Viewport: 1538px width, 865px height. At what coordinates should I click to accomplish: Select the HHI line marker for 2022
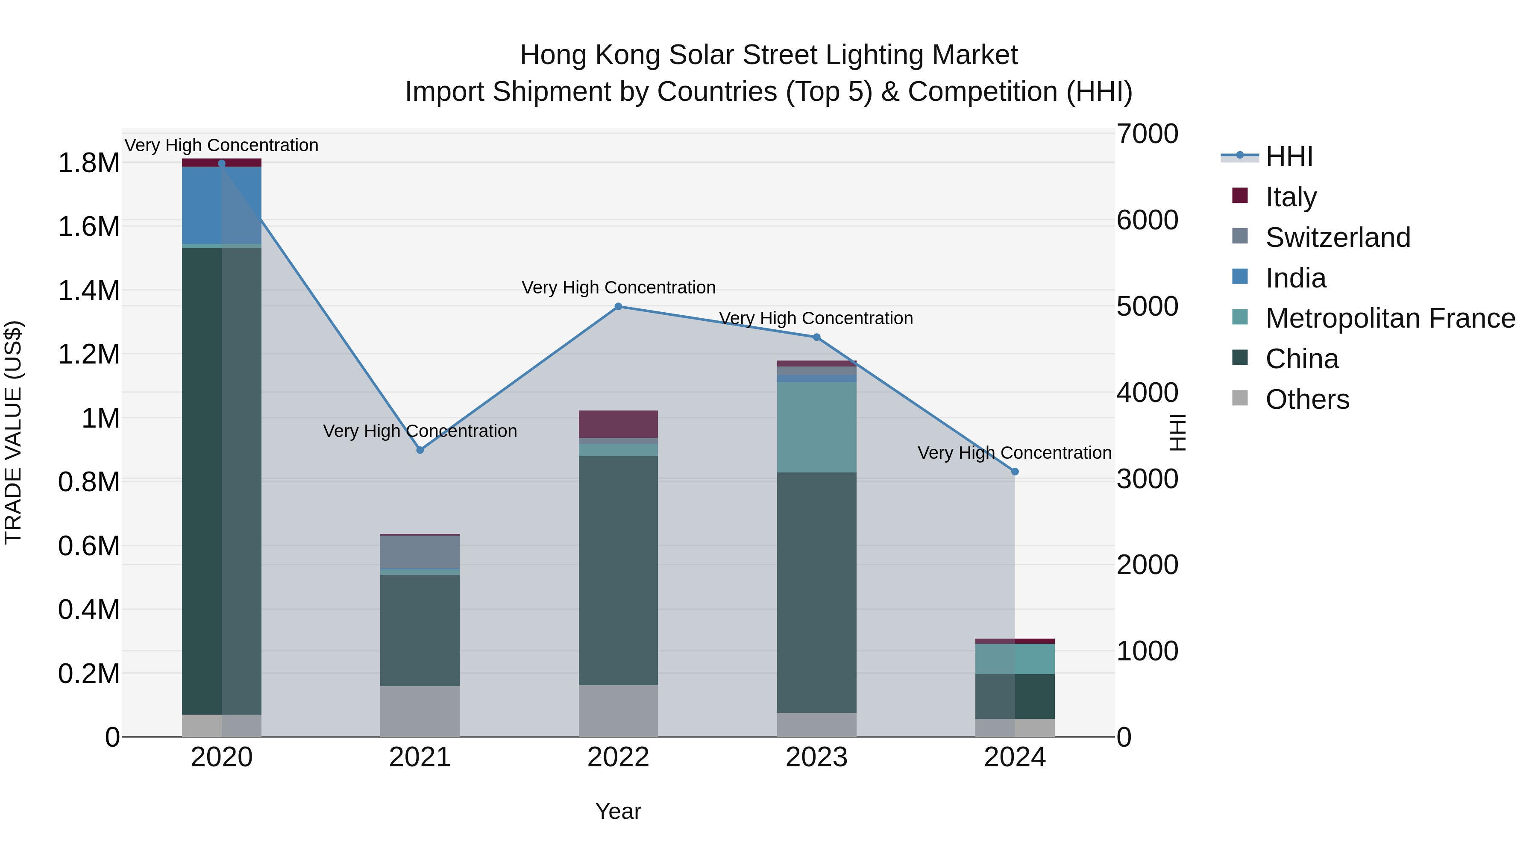619,307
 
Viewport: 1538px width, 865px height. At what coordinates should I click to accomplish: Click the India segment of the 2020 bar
221,205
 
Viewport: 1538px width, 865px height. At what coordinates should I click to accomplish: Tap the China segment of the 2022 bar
619,570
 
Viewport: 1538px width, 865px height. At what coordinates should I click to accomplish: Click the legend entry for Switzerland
1337,238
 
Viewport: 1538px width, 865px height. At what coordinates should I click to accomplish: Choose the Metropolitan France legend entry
1390,318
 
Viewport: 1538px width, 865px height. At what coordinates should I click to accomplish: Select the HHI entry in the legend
1289,156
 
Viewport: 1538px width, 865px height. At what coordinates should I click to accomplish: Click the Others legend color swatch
1240,398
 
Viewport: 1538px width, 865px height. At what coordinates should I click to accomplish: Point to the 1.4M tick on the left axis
88,291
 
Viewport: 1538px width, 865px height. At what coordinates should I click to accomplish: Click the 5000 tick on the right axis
1147,306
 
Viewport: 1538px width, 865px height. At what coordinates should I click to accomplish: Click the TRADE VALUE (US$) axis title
13,432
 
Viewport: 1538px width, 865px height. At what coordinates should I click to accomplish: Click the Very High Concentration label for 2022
619,288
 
